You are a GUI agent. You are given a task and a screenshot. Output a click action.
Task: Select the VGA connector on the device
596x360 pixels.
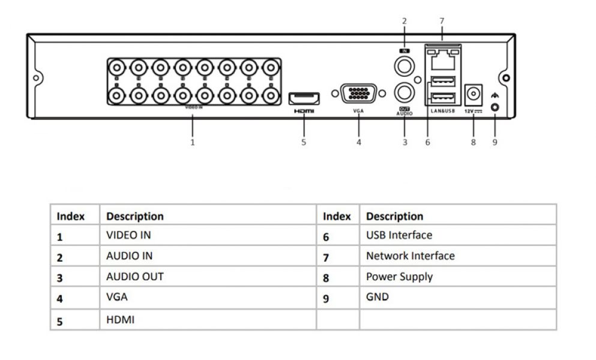[x=359, y=95]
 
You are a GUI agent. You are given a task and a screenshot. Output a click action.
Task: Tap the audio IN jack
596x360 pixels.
[x=404, y=65]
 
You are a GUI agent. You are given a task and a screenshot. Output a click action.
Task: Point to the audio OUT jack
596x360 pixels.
[x=404, y=93]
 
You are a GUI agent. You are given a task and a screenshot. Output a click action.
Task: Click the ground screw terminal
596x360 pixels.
[x=495, y=106]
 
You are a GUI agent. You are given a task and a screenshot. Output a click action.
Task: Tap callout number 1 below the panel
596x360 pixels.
[x=192, y=143]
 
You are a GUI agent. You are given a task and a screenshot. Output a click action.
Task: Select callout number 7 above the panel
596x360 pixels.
[x=442, y=21]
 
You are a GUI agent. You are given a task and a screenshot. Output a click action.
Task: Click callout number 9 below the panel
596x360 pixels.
[x=495, y=143]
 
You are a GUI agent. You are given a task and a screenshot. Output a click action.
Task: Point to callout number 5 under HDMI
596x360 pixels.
[x=304, y=143]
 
